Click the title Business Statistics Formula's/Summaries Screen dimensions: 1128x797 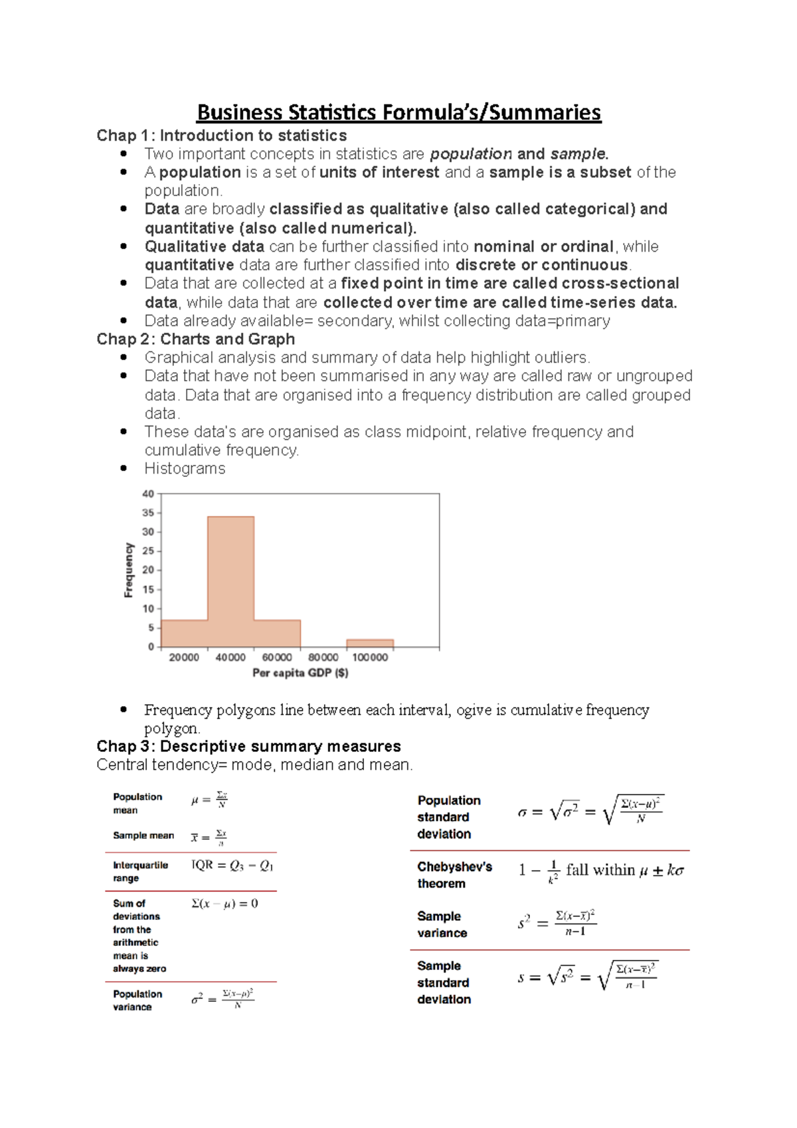pos(398,112)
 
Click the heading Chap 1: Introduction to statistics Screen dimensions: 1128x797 pos(221,136)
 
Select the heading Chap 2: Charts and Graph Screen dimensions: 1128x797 pos(195,339)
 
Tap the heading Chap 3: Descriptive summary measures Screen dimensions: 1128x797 pos(248,746)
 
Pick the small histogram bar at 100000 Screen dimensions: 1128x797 pos(370,643)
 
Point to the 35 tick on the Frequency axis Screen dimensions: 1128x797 pos(148,513)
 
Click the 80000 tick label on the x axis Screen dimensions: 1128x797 pos(323,657)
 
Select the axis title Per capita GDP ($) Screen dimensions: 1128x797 pos(300,673)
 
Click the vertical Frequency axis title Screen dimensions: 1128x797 pos(129,570)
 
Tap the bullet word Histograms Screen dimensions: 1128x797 pos(185,469)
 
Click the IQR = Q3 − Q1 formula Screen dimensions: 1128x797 pos(232,865)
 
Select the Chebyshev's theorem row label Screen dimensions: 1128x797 pos(454,875)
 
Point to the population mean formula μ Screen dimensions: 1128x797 pos(210,800)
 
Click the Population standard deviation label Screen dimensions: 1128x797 pos(448,817)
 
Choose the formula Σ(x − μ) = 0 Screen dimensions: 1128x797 pos(224,903)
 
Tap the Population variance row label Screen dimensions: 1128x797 pos(137,1000)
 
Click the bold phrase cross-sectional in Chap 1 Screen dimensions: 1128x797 pos(620,284)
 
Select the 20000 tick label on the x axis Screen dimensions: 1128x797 pos(184,657)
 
